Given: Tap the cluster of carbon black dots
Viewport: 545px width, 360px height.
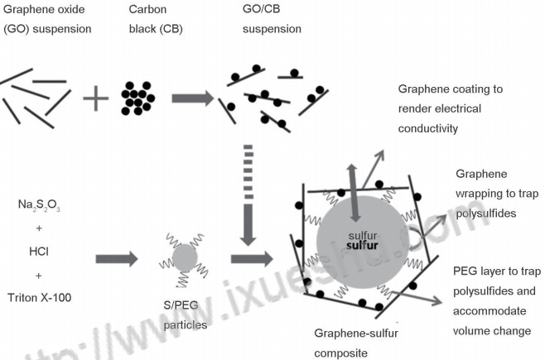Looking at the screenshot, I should pyautogui.click(x=137, y=98).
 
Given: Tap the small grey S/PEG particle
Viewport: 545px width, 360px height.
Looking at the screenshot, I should pyautogui.click(x=186, y=259).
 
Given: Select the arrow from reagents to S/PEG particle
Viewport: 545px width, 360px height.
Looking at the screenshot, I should pyautogui.click(x=116, y=259).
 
